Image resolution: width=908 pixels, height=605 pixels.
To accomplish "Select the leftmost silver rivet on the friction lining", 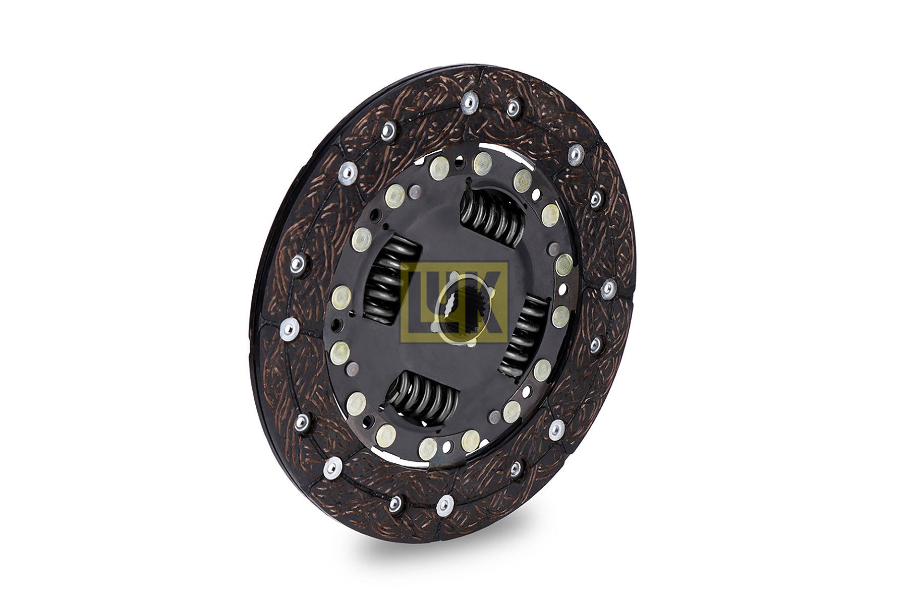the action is [289, 328].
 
